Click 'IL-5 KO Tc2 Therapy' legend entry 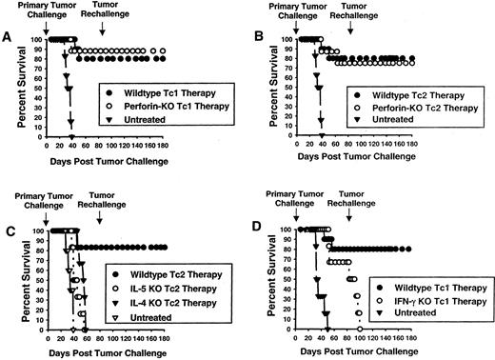point(158,284)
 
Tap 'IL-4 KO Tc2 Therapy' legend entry point(158,299)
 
